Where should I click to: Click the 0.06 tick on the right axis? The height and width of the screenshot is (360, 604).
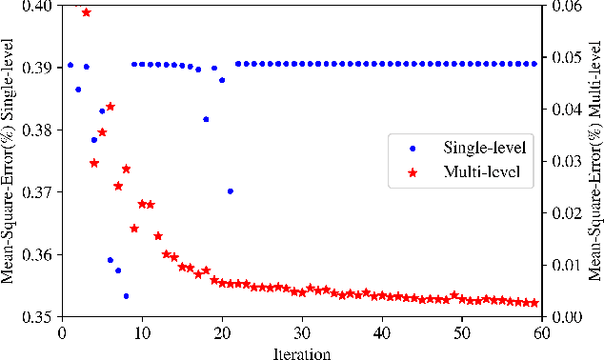pyautogui.click(x=562, y=6)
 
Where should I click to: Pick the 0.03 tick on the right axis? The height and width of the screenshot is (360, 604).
pyautogui.click(x=562, y=161)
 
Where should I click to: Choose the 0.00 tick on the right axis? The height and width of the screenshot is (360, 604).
pyautogui.click(x=562, y=317)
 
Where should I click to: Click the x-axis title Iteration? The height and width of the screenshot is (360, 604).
pyautogui.click(x=301, y=352)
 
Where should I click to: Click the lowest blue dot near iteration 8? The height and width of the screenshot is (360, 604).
pyautogui.click(x=126, y=296)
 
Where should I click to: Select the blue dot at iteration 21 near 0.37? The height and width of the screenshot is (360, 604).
pyautogui.click(x=230, y=191)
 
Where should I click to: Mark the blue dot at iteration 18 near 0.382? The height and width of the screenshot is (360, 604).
pyautogui.click(x=206, y=119)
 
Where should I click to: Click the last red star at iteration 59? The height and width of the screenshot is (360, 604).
pyautogui.click(x=534, y=303)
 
